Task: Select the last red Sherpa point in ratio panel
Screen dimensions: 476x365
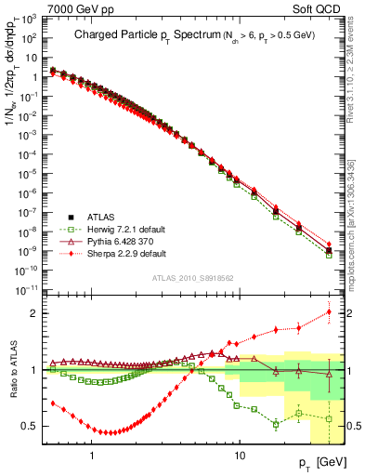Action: (329, 311)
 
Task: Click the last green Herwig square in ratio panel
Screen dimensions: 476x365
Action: (329, 418)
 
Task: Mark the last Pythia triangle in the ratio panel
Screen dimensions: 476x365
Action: (329, 374)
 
